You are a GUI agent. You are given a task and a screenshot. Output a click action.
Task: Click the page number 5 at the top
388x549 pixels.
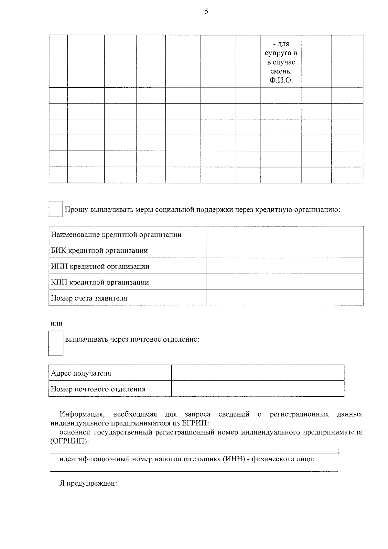(207, 12)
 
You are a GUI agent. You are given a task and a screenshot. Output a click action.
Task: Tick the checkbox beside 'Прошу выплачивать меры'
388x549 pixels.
(56, 209)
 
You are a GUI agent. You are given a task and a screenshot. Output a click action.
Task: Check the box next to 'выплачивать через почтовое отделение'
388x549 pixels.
(56, 343)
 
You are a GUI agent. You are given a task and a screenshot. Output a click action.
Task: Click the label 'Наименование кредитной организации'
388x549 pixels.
(116, 235)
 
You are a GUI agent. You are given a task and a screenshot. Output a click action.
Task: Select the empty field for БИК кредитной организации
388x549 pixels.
(285, 250)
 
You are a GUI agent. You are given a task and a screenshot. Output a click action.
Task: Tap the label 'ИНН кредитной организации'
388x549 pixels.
(100, 267)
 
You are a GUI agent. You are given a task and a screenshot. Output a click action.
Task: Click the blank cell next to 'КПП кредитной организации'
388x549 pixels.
(285, 282)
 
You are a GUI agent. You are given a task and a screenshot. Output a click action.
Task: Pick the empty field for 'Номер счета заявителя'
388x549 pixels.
(285, 298)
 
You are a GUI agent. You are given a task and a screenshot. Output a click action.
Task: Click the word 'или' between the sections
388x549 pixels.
(57, 324)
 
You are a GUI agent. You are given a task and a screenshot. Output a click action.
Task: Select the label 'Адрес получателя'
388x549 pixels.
(81, 373)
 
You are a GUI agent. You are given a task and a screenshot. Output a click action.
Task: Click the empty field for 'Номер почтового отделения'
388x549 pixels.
(257, 389)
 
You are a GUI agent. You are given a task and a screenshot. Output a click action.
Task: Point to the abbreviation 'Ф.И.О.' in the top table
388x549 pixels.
(281, 81)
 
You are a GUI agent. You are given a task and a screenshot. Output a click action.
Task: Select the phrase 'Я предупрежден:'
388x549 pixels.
(88, 483)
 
